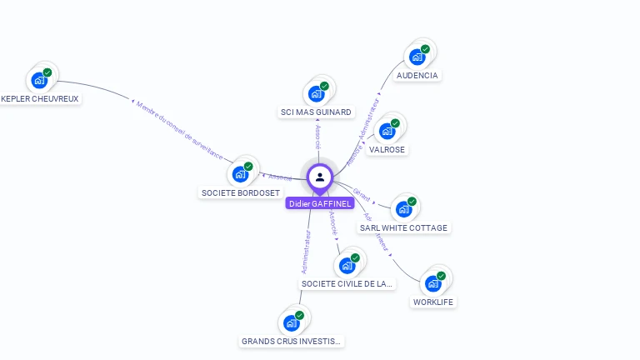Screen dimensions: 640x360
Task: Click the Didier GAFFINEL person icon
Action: pyautogui.click(x=319, y=177)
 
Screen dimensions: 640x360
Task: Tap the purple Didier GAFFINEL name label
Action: pyautogui.click(x=320, y=203)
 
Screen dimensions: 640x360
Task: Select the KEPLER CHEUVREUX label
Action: pyautogui.click(x=40, y=98)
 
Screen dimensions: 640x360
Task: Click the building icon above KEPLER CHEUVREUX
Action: pyautogui.click(x=38, y=81)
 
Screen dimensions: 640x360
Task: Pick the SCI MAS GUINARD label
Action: pyautogui.click(x=317, y=112)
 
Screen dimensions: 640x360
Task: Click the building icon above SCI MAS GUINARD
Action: pyautogui.click(x=317, y=93)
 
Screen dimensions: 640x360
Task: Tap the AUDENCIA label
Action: pyautogui.click(x=417, y=75)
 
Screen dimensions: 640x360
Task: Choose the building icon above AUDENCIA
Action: pyautogui.click(x=416, y=57)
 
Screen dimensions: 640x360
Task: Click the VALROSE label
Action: pyautogui.click(x=387, y=150)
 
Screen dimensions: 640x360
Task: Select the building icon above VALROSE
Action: pyautogui.click(x=387, y=131)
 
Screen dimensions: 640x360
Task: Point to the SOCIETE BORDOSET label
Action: pyautogui.click(x=241, y=192)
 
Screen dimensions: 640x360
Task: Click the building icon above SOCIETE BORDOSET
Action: pyautogui.click(x=241, y=173)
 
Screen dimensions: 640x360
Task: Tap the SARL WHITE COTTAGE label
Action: pyautogui.click(x=403, y=227)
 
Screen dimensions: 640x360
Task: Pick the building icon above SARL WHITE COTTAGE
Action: pyautogui.click(x=404, y=208)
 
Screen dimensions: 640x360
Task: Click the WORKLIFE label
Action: pyautogui.click(x=433, y=302)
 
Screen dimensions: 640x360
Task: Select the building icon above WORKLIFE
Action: pyautogui.click(x=432, y=283)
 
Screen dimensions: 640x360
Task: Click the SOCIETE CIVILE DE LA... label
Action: pyautogui.click(x=347, y=283)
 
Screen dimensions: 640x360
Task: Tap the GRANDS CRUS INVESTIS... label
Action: pyautogui.click(x=292, y=341)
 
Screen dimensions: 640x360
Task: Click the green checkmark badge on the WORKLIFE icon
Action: pyautogui.click(x=441, y=276)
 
